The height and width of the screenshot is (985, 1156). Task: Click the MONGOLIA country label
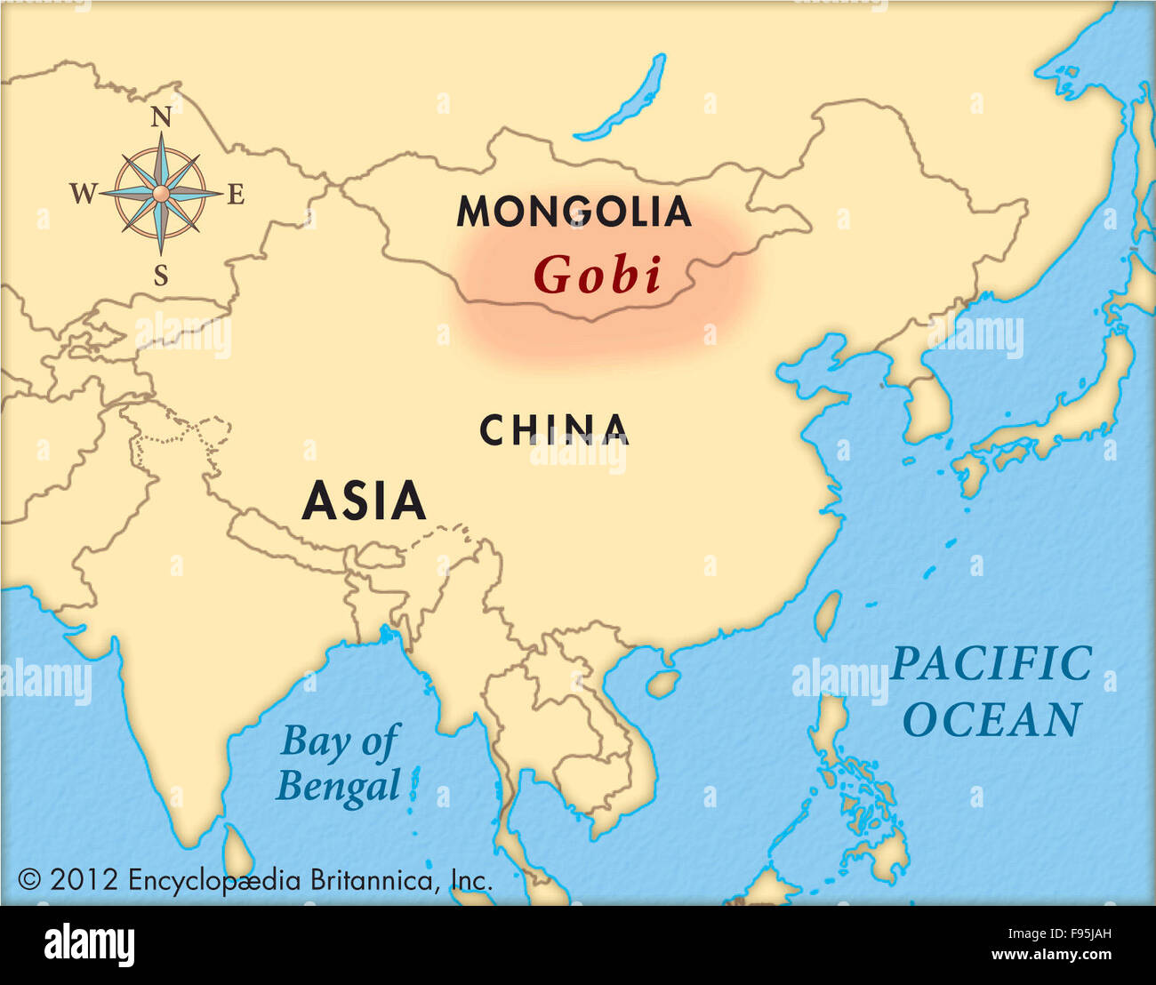point(574,212)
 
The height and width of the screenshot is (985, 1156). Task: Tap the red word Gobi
point(598,275)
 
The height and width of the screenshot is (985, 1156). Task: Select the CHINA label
point(554,430)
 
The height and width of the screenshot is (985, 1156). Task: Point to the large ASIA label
point(364,501)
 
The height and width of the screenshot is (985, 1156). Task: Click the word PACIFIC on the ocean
point(991,664)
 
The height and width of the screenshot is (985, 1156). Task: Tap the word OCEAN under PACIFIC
point(991,720)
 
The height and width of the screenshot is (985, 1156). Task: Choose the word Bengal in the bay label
point(338,786)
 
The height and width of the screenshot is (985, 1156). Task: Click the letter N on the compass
point(161,116)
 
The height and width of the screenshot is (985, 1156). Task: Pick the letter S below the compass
point(161,276)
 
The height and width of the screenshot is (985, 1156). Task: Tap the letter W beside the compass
point(83,194)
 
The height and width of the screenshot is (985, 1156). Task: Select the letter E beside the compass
point(236,194)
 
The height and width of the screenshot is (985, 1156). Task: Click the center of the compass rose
point(161,193)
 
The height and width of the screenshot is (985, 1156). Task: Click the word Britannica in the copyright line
point(372,880)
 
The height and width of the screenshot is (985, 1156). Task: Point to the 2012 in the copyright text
point(84,880)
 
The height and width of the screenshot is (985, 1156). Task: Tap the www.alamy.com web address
point(1051,955)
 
